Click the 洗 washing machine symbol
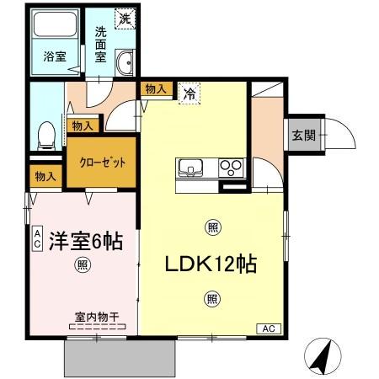[124, 18]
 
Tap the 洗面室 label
[101, 43]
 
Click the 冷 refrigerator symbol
[191, 94]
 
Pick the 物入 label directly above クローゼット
[82, 125]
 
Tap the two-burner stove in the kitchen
[231, 167]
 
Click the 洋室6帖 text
[86, 241]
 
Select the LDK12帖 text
[211, 263]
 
